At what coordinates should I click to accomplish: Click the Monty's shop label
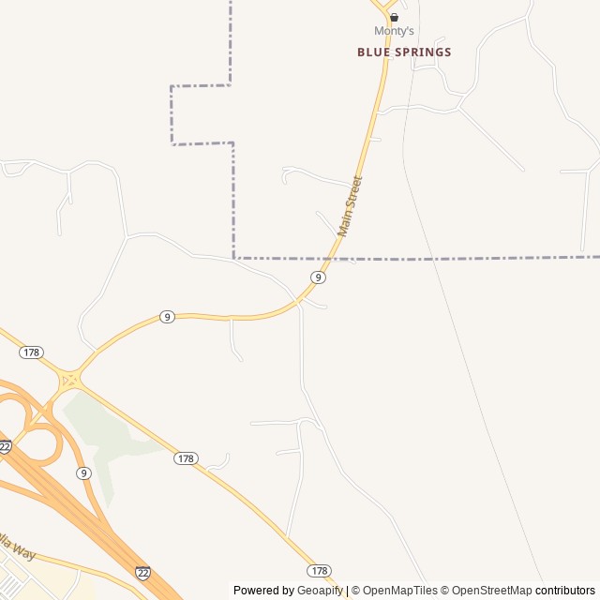(x=394, y=31)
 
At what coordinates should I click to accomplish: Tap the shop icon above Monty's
(x=394, y=17)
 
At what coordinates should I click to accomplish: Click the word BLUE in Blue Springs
(x=372, y=52)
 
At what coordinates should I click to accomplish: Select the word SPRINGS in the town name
(x=422, y=52)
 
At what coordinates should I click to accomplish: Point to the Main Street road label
(x=350, y=205)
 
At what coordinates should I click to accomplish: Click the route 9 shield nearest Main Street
(x=319, y=277)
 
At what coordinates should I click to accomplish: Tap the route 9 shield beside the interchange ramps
(x=83, y=472)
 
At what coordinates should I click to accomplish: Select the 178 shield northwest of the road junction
(x=31, y=352)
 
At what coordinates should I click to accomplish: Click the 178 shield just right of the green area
(x=186, y=458)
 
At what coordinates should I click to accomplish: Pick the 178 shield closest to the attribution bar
(x=319, y=570)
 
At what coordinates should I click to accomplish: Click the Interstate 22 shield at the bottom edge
(x=142, y=572)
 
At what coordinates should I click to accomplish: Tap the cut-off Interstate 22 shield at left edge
(x=4, y=447)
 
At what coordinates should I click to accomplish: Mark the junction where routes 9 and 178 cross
(x=69, y=381)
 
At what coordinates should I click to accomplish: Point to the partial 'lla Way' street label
(x=16, y=547)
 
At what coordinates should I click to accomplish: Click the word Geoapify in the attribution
(x=320, y=591)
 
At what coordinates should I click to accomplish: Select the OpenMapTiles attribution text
(x=399, y=591)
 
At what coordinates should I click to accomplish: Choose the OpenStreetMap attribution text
(x=489, y=591)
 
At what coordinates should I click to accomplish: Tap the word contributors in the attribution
(x=565, y=591)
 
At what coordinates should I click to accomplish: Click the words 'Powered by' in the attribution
(x=263, y=591)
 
